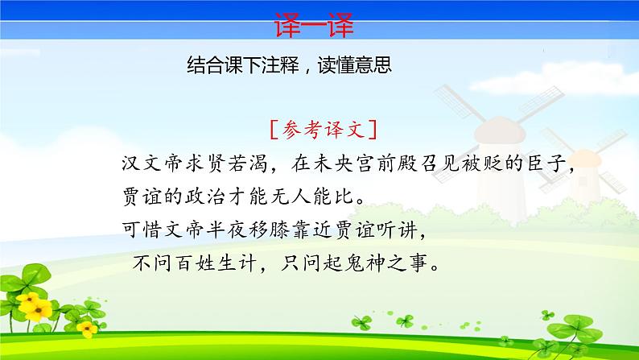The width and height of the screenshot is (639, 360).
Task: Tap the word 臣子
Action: pos(546,164)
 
